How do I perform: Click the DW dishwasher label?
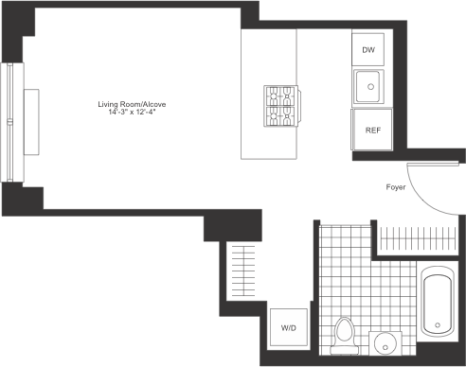(367, 50)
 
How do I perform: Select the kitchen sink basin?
(368, 87)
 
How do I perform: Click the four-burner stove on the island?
(281, 106)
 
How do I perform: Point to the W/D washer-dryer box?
(287, 327)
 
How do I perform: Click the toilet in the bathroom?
(344, 336)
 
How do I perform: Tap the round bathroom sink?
(386, 343)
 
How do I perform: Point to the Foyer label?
(395, 187)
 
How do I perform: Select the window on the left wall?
(10, 95)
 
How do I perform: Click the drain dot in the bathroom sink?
(386, 343)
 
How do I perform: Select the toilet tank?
(344, 352)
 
